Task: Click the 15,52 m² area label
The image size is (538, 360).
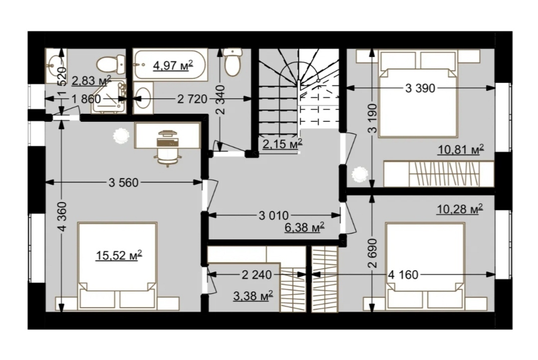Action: coord(119,255)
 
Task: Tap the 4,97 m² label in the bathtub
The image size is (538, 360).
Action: coord(173,65)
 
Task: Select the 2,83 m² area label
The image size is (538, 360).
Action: coord(91,81)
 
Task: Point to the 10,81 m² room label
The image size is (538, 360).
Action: coord(461,150)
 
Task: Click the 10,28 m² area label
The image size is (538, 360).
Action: coord(460,209)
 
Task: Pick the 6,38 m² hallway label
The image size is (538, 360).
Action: coord(305,227)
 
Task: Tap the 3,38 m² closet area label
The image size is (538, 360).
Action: coord(253,296)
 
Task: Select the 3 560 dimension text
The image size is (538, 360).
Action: coord(124,182)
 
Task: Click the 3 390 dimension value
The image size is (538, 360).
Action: coord(420,88)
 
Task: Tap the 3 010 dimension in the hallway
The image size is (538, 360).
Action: coord(273,216)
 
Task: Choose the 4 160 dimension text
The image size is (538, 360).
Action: coord(403,275)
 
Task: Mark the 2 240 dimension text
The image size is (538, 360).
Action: coord(257,275)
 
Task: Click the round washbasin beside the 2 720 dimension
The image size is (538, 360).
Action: coord(143,97)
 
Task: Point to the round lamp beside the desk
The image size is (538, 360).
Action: coord(122,135)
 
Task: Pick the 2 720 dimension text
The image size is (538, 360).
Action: coord(192,99)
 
